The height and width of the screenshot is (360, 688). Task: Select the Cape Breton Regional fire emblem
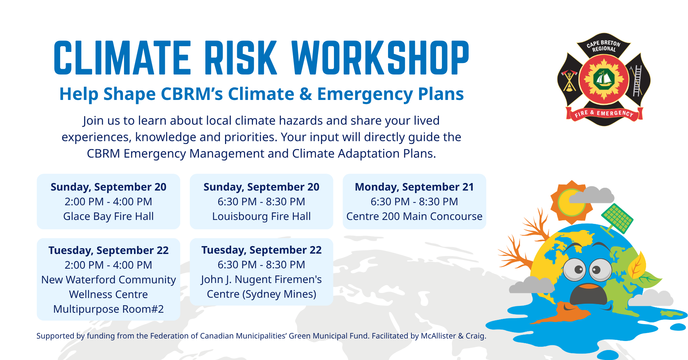pyautogui.click(x=604, y=80)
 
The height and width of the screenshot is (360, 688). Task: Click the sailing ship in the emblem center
pyautogui.click(x=604, y=79)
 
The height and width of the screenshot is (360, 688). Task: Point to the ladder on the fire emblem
pyautogui.click(x=637, y=81)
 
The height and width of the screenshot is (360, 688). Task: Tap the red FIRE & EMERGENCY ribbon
pyautogui.click(x=604, y=114)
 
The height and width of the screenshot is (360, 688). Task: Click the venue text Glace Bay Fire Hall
pyautogui.click(x=109, y=216)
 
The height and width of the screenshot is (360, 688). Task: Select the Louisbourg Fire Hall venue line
pyautogui.click(x=262, y=216)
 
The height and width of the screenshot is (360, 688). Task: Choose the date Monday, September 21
pyautogui.click(x=414, y=187)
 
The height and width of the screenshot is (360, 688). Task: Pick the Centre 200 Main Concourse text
pyautogui.click(x=414, y=216)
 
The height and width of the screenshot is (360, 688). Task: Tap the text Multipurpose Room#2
pyautogui.click(x=109, y=309)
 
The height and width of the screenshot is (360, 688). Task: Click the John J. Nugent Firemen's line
pyautogui.click(x=262, y=279)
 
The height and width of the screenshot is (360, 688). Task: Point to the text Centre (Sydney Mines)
pyautogui.click(x=262, y=294)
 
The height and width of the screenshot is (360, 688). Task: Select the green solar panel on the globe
pyautogui.click(x=617, y=219)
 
